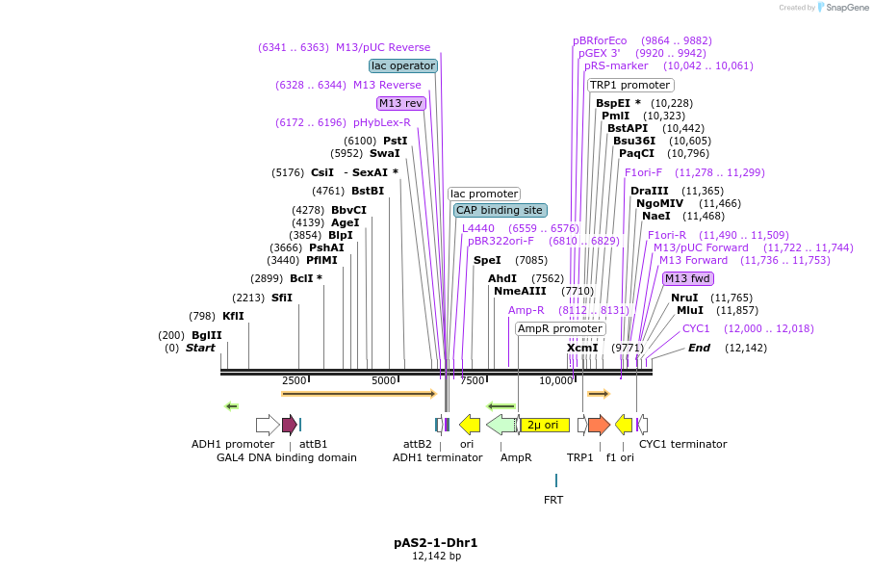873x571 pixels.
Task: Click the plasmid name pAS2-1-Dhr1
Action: (x=435, y=543)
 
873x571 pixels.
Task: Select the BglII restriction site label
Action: (x=206, y=335)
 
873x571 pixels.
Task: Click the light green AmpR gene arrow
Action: (x=501, y=425)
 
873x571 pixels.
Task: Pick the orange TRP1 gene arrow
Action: (x=599, y=425)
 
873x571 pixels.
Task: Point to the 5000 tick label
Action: (x=383, y=380)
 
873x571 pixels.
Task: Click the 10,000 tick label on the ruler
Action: (x=556, y=380)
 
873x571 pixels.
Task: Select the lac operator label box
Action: (x=403, y=65)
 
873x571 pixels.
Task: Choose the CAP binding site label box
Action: (x=501, y=210)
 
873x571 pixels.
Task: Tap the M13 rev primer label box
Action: (x=400, y=103)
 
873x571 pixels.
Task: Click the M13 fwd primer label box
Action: (x=687, y=278)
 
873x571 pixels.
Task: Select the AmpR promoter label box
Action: (x=560, y=328)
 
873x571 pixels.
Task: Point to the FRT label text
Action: (x=553, y=500)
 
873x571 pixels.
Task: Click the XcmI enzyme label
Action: (x=582, y=348)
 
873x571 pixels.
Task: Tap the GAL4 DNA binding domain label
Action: (x=287, y=457)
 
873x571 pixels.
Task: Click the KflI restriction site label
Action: (x=233, y=316)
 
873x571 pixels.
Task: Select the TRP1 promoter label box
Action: (x=630, y=85)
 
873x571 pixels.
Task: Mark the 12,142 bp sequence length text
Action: (x=435, y=557)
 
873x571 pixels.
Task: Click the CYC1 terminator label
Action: (x=683, y=444)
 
